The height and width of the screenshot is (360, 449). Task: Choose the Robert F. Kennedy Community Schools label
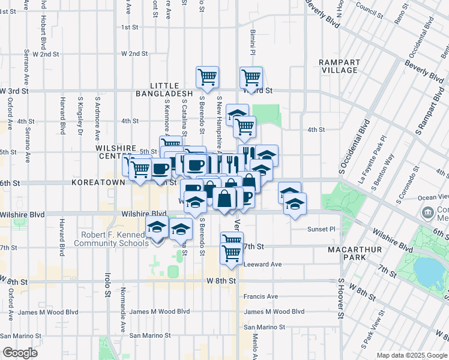111,239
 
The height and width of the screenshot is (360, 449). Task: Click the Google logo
20,353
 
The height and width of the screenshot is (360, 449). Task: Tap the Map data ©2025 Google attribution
411,355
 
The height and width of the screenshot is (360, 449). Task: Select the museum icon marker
428,211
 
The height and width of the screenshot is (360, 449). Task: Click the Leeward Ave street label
262,264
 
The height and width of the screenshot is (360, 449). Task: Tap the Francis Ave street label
261,296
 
